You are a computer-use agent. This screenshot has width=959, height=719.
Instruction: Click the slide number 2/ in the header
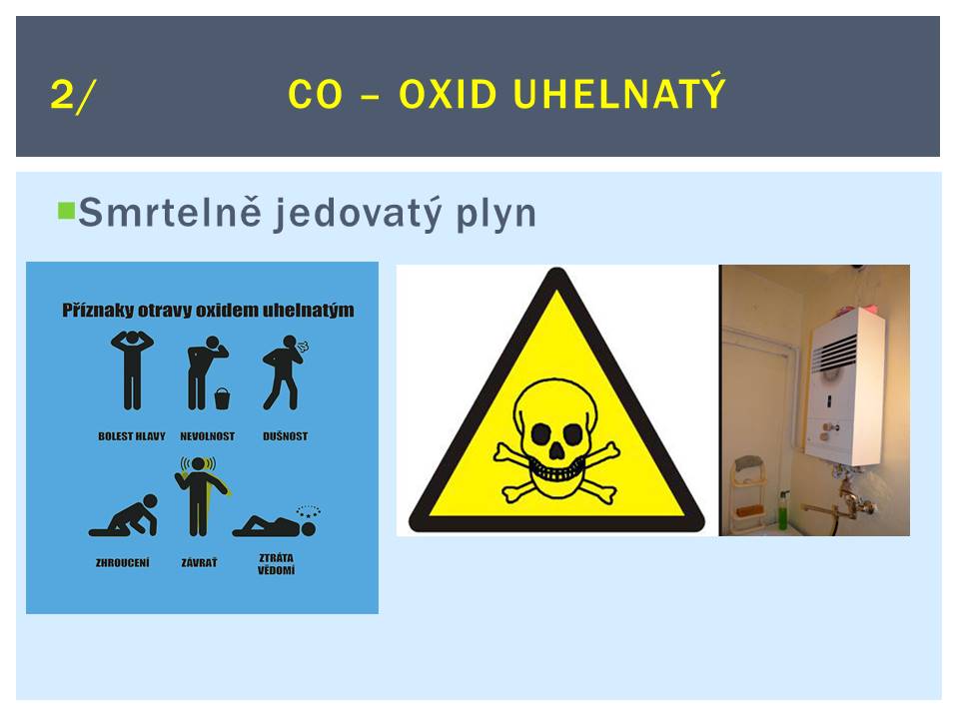click(x=73, y=96)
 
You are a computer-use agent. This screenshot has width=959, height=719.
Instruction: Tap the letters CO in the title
click(x=315, y=95)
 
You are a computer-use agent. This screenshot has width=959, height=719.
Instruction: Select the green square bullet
click(x=66, y=211)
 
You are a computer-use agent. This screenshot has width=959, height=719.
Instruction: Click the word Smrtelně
click(x=170, y=212)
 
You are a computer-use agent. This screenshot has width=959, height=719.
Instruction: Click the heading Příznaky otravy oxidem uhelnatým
click(x=208, y=310)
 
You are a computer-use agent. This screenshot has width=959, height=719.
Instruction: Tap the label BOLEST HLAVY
click(x=132, y=436)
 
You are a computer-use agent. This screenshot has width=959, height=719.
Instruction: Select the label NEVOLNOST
click(x=208, y=436)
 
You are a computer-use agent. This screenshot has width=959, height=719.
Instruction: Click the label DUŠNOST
click(x=285, y=436)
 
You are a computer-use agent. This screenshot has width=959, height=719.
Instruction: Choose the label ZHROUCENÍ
click(x=122, y=562)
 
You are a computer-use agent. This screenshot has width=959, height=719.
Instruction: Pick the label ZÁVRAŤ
click(x=200, y=562)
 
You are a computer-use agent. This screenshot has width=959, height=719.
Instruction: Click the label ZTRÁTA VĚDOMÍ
click(x=276, y=563)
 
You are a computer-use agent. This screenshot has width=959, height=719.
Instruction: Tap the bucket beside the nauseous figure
click(x=223, y=399)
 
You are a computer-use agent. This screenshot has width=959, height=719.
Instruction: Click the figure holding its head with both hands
click(x=132, y=369)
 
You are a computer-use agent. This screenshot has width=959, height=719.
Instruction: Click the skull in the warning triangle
click(x=556, y=437)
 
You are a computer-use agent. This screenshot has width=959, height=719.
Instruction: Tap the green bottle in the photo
click(x=783, y=509)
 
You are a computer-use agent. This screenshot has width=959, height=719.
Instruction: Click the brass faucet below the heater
click(x=843, y=500)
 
